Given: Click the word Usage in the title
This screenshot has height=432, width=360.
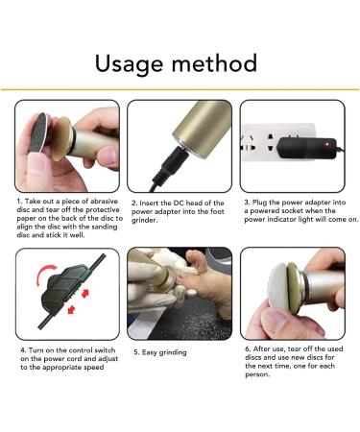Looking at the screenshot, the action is (x=130, y=64).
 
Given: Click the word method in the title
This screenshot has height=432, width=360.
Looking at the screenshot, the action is (x=214, y=63).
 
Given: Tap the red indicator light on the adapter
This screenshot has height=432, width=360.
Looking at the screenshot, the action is (x=327, y=145).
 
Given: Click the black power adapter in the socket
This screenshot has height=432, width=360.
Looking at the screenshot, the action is (x=306, y=148).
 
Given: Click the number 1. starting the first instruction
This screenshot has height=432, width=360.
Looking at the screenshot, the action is (x=19, y=202).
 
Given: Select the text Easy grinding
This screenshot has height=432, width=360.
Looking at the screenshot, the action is (x=164, y=352).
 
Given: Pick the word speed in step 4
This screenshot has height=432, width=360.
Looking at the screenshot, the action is (x=94, y=368).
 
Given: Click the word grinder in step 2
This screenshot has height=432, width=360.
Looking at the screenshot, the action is (x=144, y=220).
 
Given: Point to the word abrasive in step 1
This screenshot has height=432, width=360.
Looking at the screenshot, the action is (x=104, y=202).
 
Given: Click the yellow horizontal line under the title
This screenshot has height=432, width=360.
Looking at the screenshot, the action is (x=180, y=89).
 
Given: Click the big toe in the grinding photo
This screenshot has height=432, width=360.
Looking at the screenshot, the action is (x=196, y=260).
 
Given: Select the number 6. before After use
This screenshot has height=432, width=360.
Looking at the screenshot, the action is (x=248, y=348).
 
